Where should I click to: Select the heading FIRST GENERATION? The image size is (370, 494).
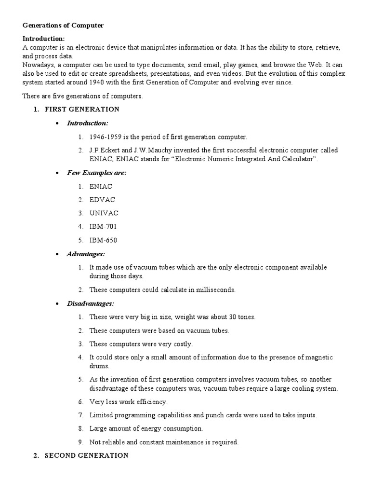coord(82,110)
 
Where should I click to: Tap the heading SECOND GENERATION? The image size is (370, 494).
coord(86,455)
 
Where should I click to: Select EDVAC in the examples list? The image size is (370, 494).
coord(102,200)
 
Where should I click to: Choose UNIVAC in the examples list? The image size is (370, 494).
coord(104,213)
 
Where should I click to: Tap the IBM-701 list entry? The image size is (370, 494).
coord(103,226)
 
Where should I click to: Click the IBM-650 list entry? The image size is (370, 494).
coord(103,240)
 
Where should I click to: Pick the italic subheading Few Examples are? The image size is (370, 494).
coord(96,173)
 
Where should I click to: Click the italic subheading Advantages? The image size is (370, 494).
coord(86,254)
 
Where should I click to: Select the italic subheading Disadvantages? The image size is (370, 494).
coord(91,303)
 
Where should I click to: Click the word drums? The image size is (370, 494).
coord(98,366)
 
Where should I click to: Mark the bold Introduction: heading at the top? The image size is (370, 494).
coord(43,39)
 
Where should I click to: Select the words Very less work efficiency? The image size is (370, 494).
coord(128,401)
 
